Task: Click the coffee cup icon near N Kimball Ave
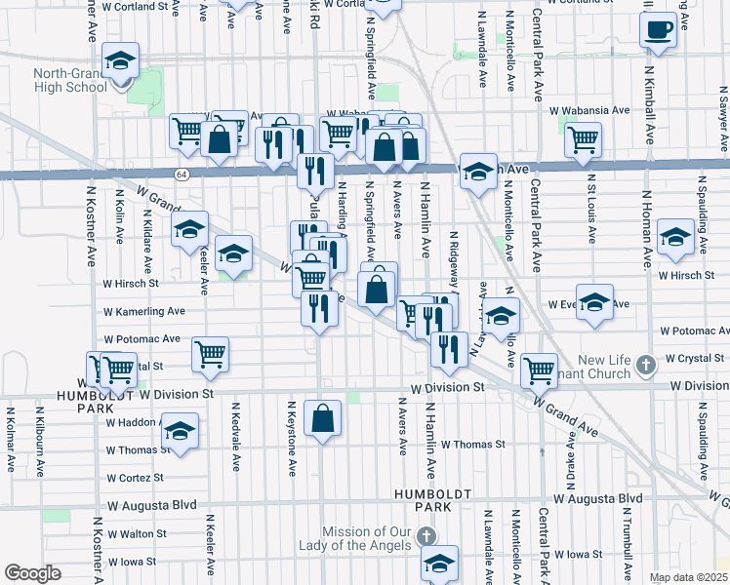tap(660, 29)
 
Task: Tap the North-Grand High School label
tap(69, 80)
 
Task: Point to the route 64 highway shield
tap(182, 174)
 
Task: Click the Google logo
tap(32, 573)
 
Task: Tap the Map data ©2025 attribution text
tap(687, 577)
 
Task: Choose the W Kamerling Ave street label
tap(144, 311)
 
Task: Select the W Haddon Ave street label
tap(133, 422)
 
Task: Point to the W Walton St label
tap(136, 534)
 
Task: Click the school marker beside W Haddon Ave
tap(180, 429)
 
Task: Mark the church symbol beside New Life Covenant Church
tap(643, 366)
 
